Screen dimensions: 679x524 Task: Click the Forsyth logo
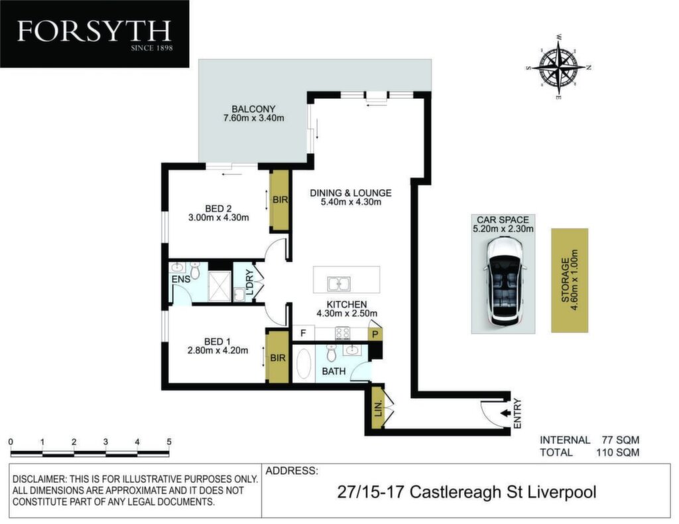click(x=94, y=34)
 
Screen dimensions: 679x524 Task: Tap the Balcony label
click(x=253, y=109)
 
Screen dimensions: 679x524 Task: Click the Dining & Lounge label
click(x=350, y=193)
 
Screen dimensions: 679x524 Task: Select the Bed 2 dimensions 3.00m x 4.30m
click(x=219, y=218)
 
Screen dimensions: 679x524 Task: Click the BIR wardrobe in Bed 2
click(x=280, y=200)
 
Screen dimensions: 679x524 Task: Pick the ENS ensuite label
click(x=180, y=279)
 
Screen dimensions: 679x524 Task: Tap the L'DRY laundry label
click(x=249, y=283)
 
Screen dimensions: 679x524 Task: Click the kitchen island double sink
click(x=339, y=284)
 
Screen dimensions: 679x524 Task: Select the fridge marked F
click(x=304, y=333)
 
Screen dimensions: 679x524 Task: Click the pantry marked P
click(x=375, y=334)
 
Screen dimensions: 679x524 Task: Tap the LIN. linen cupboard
click(x=378, y=408)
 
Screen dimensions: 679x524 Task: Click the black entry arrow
click(x=505, y=413)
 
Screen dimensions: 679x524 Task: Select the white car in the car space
click(x=503, y=284)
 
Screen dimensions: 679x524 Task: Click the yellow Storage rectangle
click(x=570, y=281)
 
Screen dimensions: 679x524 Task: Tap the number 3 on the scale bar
click(x=105, y=442)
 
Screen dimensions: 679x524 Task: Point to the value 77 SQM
click(x=621, y=440)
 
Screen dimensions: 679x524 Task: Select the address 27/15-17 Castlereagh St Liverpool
click(x=467, y=492)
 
